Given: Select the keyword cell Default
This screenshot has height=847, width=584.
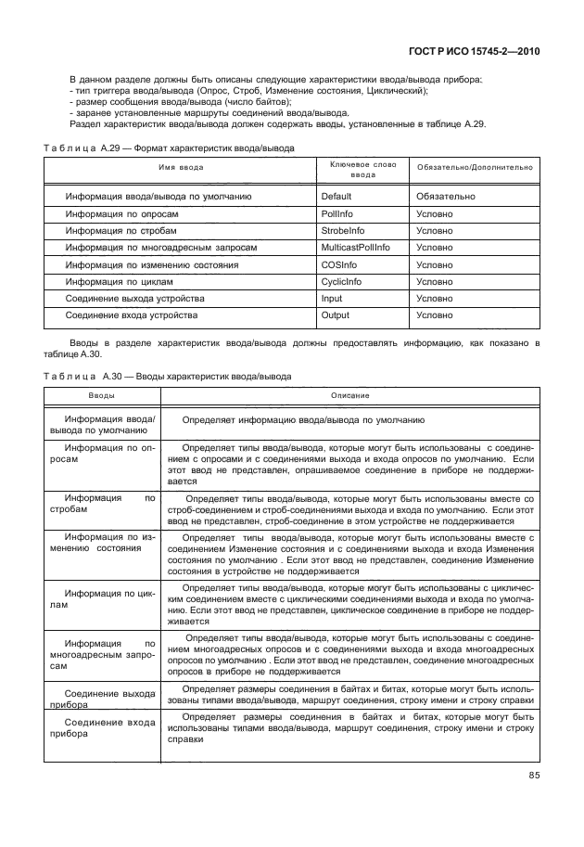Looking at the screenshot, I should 336,197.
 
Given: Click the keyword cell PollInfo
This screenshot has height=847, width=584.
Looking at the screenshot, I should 336,213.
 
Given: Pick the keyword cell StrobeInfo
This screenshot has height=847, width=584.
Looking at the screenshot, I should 342,230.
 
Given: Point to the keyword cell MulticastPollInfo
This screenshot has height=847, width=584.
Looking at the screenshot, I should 355,248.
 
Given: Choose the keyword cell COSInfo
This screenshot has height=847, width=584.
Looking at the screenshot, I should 338,264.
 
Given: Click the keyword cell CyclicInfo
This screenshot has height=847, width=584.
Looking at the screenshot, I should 340,281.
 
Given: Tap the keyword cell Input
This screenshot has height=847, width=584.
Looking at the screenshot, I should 331,298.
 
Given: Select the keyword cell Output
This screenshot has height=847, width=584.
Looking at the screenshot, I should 335,315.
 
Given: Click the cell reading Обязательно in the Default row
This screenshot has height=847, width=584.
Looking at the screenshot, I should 446,197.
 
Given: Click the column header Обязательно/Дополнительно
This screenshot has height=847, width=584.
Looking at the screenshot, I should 475,167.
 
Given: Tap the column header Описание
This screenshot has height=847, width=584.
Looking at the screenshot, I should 350,396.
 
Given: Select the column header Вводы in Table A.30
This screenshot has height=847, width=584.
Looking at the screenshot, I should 102,396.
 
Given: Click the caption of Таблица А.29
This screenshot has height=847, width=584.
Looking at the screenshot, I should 170,148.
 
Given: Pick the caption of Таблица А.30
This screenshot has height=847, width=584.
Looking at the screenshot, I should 168,377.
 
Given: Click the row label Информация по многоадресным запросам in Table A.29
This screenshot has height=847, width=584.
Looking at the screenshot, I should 160,248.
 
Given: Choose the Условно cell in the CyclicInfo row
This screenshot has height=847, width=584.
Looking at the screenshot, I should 435,281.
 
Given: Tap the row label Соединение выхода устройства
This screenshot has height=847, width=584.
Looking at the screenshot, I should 135,298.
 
